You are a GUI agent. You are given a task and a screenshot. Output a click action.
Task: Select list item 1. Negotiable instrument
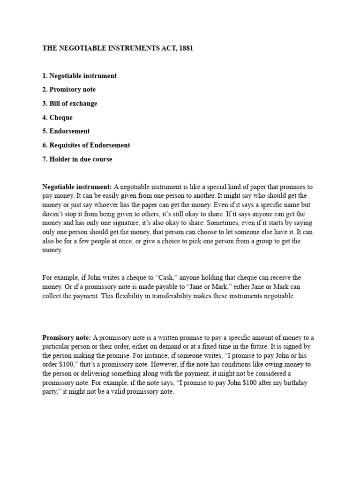pyautogui.click(x=80, y=75)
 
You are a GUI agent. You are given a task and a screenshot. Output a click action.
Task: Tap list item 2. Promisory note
pyautogui.click(x=69, y=90)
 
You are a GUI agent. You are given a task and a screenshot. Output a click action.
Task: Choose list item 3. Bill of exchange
pyautogui.click(x=70, y=103)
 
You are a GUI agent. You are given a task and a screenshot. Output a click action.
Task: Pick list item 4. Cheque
pyautogui.click(x=58, y=117)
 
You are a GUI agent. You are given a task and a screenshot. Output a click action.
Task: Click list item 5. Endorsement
pyautogui.click(x=66, y=131)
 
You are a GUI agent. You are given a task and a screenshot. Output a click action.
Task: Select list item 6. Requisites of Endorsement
pyautogui.click(x=86, y=145)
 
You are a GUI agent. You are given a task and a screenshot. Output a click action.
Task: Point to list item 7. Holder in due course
pyautogui.click(x=77, y=159)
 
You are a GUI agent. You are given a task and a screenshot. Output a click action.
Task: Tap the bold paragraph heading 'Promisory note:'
pyautogui.click(x=67, y=337)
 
